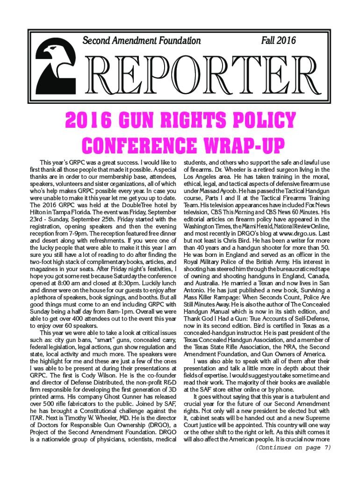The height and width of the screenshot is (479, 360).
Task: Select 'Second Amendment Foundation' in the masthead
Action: point(141,41)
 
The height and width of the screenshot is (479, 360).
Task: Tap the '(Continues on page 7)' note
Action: point(293,448)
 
